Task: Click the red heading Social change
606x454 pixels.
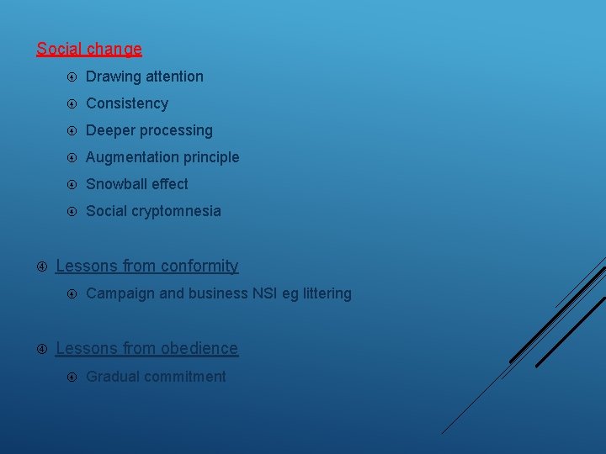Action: [89, 50]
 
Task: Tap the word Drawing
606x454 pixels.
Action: [113, 77]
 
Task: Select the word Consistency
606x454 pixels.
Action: [127, 103]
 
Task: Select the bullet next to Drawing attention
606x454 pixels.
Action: [72, 77]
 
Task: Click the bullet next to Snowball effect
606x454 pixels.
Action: [72, 184]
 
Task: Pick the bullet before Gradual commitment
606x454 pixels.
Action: [72, 377]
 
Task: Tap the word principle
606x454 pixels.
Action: [210, 157]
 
